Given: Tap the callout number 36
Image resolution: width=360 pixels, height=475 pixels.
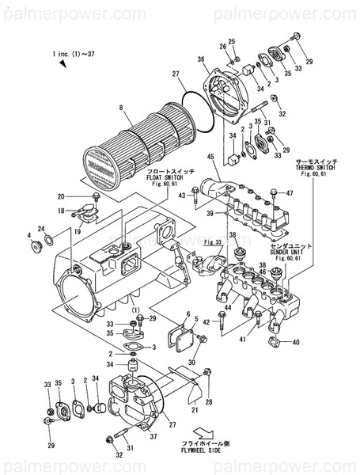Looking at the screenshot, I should tap(201, 59).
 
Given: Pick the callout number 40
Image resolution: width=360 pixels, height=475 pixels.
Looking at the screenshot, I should tap(297, 343).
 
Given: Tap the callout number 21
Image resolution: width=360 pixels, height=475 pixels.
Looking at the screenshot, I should tap(192, 411).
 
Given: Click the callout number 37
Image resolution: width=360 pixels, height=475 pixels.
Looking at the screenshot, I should tap(153, 436).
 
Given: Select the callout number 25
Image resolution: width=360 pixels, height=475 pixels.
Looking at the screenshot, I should tap(232, 41).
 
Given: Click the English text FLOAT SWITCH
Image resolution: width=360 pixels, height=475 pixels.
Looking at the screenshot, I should tap(163, 178).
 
